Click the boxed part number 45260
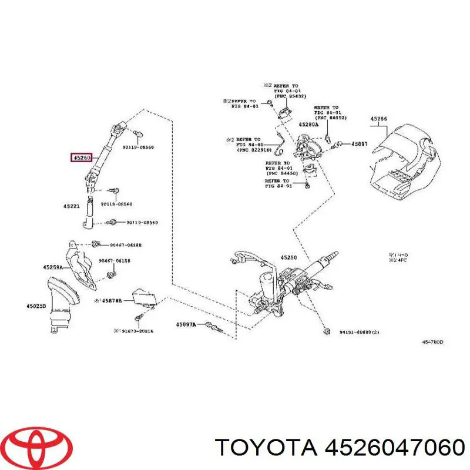point(82,157)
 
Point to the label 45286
point(378,119)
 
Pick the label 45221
point(72,206)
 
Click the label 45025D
point(36,305)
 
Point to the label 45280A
point(308,125)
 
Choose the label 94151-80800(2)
point(359,332)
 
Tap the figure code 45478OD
point(433,341)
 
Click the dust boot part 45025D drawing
point(61,305)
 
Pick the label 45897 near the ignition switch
point(359,143)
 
